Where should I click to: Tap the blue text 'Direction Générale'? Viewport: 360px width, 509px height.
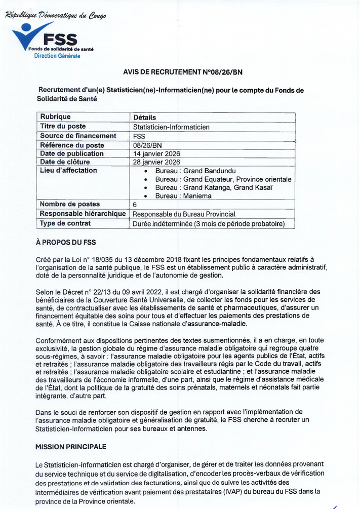click(x=57, y=56)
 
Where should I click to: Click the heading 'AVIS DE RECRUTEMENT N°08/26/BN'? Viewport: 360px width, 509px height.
click(x=183, y=72)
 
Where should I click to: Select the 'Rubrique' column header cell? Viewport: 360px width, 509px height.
click(x=56, y=117)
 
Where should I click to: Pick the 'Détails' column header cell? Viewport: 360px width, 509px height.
click(x=144, y=118)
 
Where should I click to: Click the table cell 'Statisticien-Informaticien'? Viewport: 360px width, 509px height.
click(x=171, y=127)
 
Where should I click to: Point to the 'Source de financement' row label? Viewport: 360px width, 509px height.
click(x=78, y=136)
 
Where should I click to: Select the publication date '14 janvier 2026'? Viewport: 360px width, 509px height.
click(x=156, y=153)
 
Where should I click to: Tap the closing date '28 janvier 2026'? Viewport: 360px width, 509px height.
click(x=156, y=162)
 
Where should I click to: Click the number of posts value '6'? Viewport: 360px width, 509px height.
click(x=135, y=205)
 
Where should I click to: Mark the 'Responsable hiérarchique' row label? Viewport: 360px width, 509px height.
click(x=83, y=214)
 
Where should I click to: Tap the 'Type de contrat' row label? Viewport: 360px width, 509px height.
click(x=65, y=223)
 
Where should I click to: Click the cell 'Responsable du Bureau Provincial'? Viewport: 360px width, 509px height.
click(x=184, y=214)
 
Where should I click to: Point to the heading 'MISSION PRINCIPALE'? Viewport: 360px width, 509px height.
click(x=71, y=447)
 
